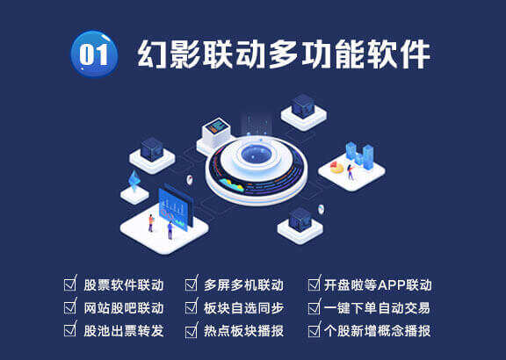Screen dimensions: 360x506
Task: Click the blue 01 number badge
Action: coord(94,54)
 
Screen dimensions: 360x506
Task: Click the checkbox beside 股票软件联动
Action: coord(70,284)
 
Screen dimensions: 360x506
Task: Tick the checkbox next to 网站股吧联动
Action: coord(70,307)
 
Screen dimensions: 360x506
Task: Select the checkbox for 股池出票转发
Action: coord(70,330)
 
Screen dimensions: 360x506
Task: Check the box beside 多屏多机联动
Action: coord(191,284)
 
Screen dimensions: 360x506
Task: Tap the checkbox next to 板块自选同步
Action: coord(191,307)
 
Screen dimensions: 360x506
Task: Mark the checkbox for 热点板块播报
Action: coord(191,330)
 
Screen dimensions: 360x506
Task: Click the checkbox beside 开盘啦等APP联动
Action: coord(314,284)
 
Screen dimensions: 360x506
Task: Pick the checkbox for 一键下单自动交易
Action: coord(314,307)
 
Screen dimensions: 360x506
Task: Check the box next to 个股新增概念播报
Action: coord(314,330)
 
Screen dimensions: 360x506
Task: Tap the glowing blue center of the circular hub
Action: coord(256,157)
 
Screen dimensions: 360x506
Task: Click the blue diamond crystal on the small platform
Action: coord(134,180)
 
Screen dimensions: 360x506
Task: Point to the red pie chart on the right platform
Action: coord(336,164)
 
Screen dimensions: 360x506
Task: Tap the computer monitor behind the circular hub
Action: coord(216,128)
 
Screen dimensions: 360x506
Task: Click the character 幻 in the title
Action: coord(153,54)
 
